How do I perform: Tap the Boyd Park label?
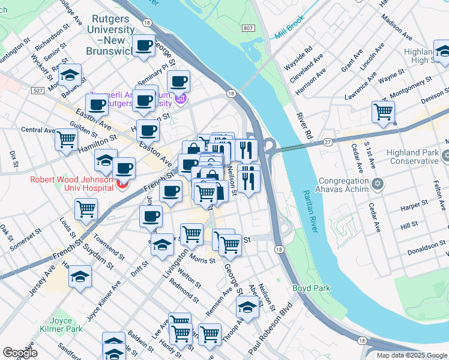pyautogui.click(x=311, y=288)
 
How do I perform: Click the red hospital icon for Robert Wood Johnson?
pyautogui.click(x=123, y=184)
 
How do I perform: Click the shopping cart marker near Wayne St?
pyautogui.click(x=383, y=112)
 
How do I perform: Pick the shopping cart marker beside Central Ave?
pyautogui.click(x=66, y=139)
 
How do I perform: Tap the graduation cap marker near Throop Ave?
pyautogui.click(x=246, y=307)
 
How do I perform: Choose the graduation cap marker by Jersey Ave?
pyautogui.click(x=80, y=277)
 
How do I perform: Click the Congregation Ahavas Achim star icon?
pyautogui.click(x=377, y=183)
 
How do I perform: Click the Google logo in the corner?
pyautogui.click(x=20, y=352)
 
